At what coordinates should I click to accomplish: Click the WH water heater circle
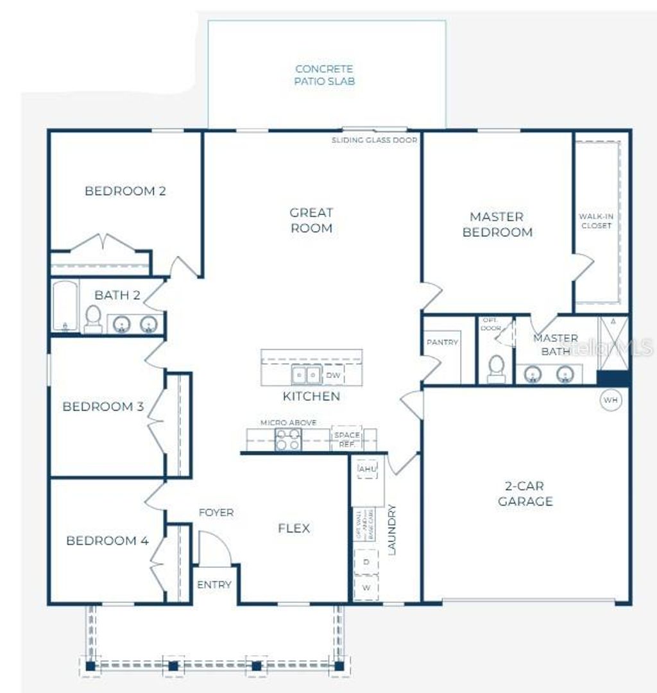point(610,400)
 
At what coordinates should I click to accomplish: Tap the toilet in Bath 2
point(93,318)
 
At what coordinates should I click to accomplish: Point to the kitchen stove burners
point(287,440)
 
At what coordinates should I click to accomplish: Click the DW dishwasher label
point(332,375)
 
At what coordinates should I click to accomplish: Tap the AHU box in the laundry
point(368,470)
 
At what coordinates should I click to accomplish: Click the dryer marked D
point(366,562)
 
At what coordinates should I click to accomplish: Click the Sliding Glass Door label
point(375,140)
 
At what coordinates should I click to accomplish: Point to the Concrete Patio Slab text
point(325,75)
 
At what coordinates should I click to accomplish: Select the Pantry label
point(443,342)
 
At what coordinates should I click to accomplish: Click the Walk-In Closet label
point(595,221)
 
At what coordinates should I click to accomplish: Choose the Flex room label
point(294,528)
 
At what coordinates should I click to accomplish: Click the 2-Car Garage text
point(525,493)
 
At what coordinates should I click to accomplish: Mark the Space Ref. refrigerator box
point(346,439)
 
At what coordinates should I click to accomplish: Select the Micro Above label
point(288,423)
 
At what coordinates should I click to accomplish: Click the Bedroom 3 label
point(103,406)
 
